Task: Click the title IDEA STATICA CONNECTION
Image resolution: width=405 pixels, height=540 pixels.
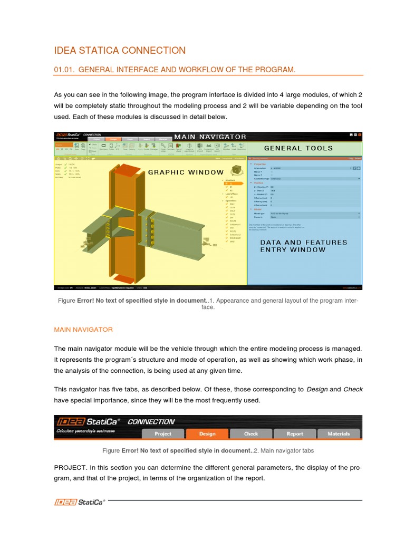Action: [120, 51]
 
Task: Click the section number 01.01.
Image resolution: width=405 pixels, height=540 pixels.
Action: [64, 70]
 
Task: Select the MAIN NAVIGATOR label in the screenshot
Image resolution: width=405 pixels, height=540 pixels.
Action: [210, 137]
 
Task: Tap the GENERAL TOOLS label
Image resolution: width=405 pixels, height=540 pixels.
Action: [298, 148]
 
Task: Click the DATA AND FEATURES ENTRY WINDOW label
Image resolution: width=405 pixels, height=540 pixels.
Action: [304, 246]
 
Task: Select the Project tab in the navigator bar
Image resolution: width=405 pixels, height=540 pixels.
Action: [163, 433]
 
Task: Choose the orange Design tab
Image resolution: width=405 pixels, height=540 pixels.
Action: [207, 433]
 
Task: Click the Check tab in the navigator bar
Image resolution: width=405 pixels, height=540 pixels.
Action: [251, 433]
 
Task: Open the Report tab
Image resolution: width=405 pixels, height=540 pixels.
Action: [295, 433]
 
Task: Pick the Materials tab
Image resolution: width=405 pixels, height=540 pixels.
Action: [339, 433]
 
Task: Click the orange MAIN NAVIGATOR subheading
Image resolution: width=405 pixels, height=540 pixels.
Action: [83, 329]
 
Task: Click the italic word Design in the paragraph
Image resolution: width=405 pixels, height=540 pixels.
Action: [316, 389]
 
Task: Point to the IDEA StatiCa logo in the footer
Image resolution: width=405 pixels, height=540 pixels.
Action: [80, 502]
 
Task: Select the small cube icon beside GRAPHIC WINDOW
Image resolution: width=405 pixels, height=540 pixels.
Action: [237, 170]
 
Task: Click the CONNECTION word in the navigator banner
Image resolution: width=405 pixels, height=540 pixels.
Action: [151, 422]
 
